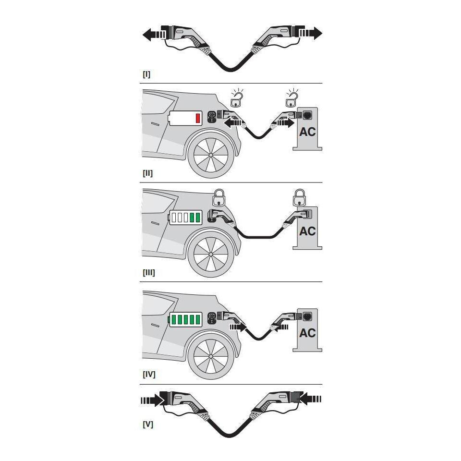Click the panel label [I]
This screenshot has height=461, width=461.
pos(146,75)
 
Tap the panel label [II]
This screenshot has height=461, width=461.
pos(148,173)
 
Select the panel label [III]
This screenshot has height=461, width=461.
pos(149,272)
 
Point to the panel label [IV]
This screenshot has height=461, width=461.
pos(149,374)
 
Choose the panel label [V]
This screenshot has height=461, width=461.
pos(148,425)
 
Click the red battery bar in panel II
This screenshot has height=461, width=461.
pos(197,118)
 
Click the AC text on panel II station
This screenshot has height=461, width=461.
pos(307,131)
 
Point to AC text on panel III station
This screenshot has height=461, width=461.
pos(307,231)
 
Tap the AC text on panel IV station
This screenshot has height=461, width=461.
pos(307,333)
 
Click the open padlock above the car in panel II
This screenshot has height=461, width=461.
pos(236,99)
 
